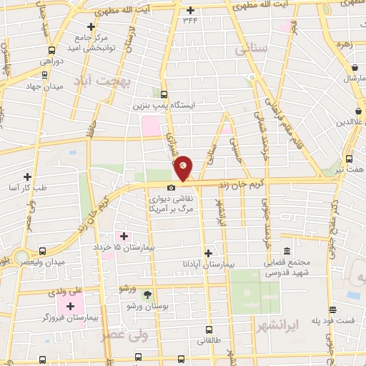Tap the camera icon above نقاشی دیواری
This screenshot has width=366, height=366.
click(x=171, y=187)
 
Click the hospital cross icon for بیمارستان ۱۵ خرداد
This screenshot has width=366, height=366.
click(x=123, y=236)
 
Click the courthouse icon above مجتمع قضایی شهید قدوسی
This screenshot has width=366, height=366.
click(x=287, y=251)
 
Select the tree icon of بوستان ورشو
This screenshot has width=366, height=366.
click(x=148, y=294)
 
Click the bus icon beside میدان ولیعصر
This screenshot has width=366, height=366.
click(x=42, y=252)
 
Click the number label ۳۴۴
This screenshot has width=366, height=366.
click(x=190, y=21)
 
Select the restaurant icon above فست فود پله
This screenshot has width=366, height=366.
click(x=332, y=309)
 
